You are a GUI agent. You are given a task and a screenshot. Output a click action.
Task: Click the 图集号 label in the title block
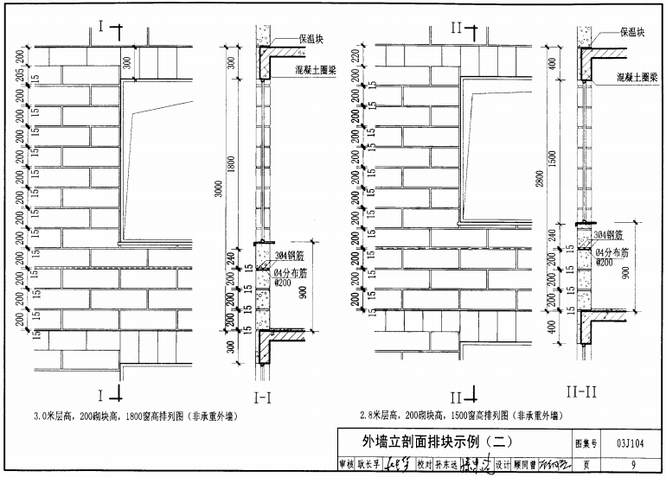(588, 442)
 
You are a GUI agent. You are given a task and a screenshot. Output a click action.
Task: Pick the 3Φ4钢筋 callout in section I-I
(291, 255)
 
